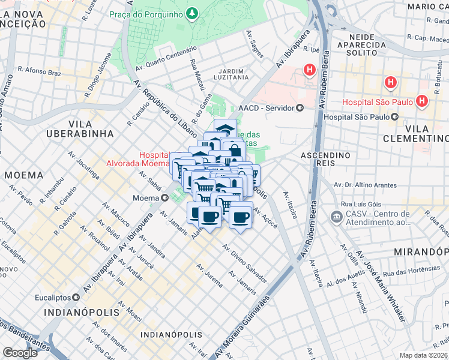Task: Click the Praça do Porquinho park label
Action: click(x=146, y=13)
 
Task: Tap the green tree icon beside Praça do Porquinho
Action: click(x=191, y=13)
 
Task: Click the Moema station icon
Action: click(x=164, y=197)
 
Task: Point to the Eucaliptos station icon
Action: click(x=76, y=297)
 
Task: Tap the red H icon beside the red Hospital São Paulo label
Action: click(x=423, y=101)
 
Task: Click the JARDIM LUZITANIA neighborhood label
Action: click(x=234, y=74)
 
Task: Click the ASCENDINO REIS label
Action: click(x=325, y=160)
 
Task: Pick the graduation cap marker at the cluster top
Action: click(x=225, y=129)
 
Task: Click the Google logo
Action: click(x=20, y=353)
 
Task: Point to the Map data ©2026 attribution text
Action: click(x=423, y=355)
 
